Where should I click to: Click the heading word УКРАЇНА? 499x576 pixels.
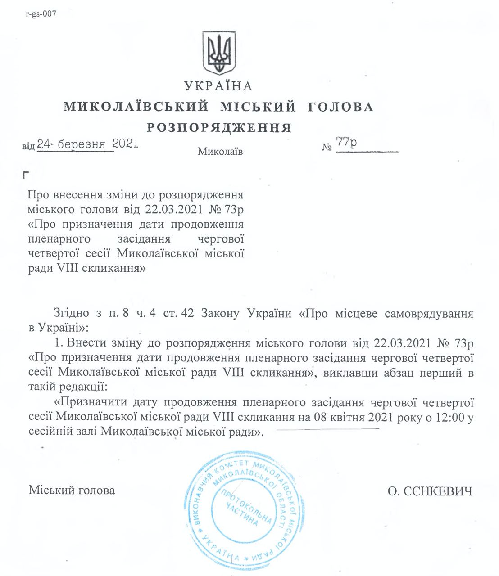tap(218, 85)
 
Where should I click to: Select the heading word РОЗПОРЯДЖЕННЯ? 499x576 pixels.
tap(219, 128)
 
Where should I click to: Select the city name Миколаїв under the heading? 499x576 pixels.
tap(220, 152)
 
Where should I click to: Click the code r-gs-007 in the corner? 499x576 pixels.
tap(41, 13)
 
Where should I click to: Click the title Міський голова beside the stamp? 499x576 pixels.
tap(72, 490)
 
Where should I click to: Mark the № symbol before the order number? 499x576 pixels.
tap(327, 147)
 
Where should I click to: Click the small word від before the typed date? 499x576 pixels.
tap(28, 147)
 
